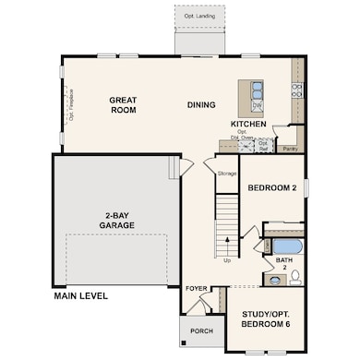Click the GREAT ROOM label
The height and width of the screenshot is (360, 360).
click(123, 104)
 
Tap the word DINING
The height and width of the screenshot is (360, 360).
click(202, 104)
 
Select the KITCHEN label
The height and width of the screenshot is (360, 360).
click(248, 123)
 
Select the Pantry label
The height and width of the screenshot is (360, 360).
click(290, 147)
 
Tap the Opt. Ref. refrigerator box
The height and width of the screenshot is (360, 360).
click(263, 145)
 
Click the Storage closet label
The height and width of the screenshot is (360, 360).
click(227, 173)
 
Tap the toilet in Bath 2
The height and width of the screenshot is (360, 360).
click(295, 275)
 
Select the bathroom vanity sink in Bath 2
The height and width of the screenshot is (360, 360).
click(274, 278)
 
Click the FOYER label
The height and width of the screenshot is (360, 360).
click(196, 287)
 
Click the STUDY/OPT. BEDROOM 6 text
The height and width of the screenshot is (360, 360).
click(265, 319)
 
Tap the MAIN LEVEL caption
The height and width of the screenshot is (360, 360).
click(80, 296)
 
